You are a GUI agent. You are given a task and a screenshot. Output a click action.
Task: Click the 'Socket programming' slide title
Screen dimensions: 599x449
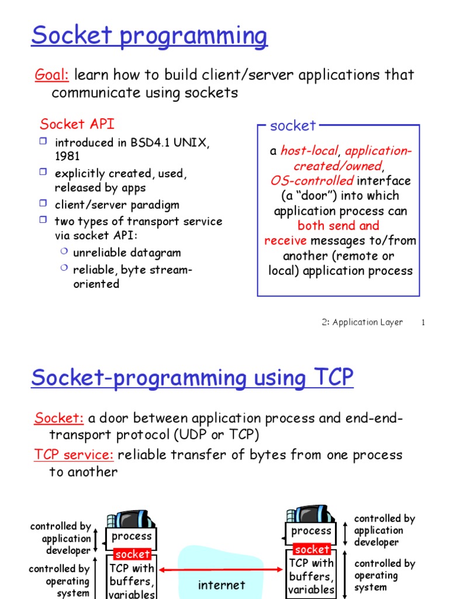[x=149, y=36]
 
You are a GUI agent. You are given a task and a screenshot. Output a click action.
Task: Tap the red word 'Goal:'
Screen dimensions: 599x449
[x=52, y=75]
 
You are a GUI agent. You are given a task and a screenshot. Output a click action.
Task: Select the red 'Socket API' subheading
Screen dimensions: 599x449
[x=77, y=124]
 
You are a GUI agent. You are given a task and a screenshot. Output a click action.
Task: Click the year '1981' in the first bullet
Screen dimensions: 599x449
[x=67, y=156]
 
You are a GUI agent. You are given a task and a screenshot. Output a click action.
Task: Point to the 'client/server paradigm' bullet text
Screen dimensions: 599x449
[x=117, y=205]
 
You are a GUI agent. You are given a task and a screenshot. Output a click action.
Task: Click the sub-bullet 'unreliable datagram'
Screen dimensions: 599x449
[x=127, y=253]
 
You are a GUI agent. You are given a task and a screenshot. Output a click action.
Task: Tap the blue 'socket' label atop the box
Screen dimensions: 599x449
[x=292, y=125]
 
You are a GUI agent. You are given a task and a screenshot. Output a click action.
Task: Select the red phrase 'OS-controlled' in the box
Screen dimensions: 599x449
[x=312, y=181]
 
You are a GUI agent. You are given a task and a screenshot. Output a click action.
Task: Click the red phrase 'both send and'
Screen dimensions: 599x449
[x=338, y=226]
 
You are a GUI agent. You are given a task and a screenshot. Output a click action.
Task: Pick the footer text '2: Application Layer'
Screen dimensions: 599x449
[x=362, y=322]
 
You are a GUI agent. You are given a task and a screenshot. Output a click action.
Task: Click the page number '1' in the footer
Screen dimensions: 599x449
[x=422, y=323]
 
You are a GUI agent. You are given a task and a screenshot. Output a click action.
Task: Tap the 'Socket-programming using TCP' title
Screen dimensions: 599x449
[x=192, y=378]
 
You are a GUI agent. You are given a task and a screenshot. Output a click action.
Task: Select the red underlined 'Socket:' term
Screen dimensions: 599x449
[x=59, y=418]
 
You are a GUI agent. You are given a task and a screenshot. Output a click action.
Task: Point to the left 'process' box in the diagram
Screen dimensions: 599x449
[x=132, y=536]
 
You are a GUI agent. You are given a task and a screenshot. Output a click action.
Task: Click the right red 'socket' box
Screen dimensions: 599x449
[x=312, y=549]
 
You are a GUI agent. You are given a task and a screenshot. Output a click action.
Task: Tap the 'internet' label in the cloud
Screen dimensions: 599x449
[x=221, y=584]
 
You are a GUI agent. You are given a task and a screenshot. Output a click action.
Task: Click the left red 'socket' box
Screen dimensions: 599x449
[x=133, y=554]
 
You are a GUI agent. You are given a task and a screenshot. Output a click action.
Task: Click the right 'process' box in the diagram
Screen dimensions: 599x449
[x=311, y=531]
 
